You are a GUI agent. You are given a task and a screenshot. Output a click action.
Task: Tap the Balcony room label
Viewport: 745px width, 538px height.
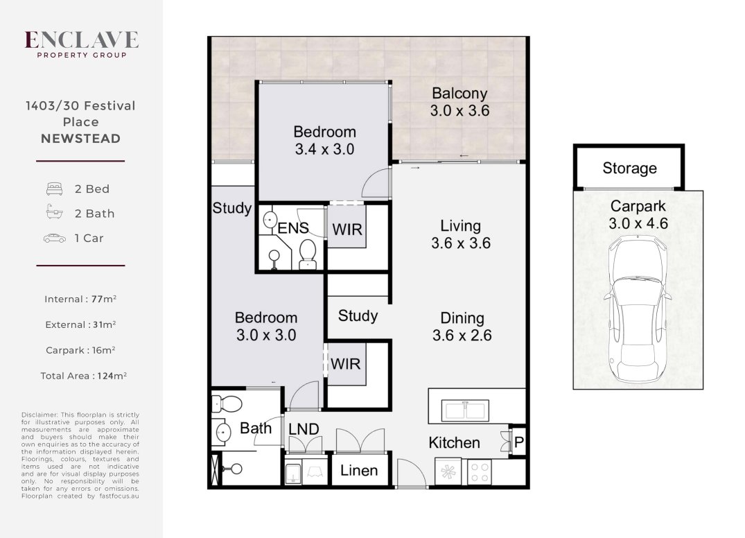click(x=459, y=102)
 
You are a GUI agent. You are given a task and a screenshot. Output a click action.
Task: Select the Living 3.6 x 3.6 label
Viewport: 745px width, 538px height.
click(x=460, y=234)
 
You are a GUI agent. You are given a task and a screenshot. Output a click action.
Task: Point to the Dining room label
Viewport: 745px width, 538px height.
click(x=462, y=327)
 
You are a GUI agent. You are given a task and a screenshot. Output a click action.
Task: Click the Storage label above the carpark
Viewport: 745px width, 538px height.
click(x=629, y=168)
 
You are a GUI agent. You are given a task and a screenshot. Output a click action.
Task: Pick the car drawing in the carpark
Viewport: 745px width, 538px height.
click(x=638, y=309)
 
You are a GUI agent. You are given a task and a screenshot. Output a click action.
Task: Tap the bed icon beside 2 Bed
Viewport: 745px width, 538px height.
click(x=54, y=189)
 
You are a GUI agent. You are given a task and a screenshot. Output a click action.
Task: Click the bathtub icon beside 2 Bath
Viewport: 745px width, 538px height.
click(x=54, y=212)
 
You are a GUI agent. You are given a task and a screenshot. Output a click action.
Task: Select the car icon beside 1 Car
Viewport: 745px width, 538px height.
click(x=55, y=238)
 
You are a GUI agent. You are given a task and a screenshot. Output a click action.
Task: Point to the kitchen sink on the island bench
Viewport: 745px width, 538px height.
click(x=465, y=410)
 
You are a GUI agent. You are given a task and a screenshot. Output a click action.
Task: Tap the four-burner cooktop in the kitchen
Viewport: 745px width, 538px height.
click(x=479, y=472)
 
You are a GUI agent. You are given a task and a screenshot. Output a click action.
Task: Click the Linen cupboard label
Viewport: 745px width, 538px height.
click(x=359, y=471)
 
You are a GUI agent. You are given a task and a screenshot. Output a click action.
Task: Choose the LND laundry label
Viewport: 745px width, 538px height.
click(x=304, y=429)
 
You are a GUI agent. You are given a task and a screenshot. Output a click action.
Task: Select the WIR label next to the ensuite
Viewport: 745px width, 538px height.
click(x=347, y=229)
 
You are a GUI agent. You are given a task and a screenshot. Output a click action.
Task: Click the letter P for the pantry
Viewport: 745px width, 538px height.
click(x=519, y=442)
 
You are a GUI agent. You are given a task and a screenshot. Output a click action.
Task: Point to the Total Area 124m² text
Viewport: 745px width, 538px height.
click(x=84, y=376)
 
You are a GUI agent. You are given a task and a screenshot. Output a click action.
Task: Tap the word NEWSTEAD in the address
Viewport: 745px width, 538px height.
click(x=81, y=138)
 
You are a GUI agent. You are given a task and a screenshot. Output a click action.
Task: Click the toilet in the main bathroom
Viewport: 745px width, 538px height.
click(x=227, y=404)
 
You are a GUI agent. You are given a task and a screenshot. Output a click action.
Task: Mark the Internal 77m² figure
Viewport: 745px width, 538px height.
click(x=80, y=299)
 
